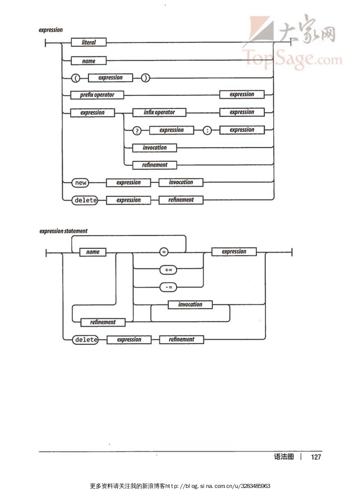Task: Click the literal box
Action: pyautogui.click(x=89, y=43)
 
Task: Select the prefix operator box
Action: pyautogui.click(x=97, y=95)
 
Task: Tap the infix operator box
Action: pyautogui.click(x=159, y=112)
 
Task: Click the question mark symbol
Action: pyautogui.click(x=137, y=131)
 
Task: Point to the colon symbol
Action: pyautogui.click(x=207, y=130)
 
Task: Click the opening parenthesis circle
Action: pyautogui.click(x=76, y=78)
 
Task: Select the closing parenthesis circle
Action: pyautogui.click(x=145, y=78)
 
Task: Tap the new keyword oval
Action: pyautogui.click(x=81, y=183)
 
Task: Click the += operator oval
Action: pyautogui.click(x=168, y=270)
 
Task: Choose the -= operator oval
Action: pyautogui.click(x=168, y=287)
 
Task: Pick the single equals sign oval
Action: pyautogui.click(x=164, y=252)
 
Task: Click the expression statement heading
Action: pyautogui.click(x=63, y=231)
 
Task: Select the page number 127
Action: pyautogui.click(x=316, y=457)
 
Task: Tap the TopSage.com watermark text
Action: pyautogui.click(x=292, y=59)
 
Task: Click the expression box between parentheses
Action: pyautogui.click(x=110, y=78)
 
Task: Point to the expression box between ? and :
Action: pyautogui.click(x=171, y=130)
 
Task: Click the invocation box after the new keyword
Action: pyautogui.click(x=181, y=182)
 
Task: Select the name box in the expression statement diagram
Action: pyautogui.click(x=93, y=252)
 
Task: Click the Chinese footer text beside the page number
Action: pyautogui.click(x=284, y=457)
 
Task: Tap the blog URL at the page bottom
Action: pyautogui.click(x=218, y=486)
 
